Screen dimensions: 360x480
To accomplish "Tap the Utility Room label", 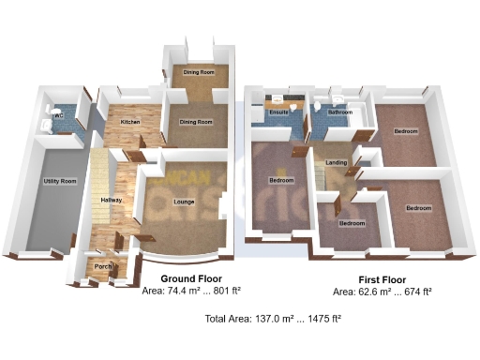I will coord(59,180).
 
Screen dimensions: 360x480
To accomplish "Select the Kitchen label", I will coord(129,122).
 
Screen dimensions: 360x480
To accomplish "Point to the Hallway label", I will coord(112,201).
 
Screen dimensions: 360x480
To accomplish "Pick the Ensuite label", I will coord(278,113).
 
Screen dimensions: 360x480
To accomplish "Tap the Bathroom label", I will coord(339,112).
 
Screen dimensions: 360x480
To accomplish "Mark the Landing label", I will coord(335,163).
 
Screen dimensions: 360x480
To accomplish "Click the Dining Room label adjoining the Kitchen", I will coord(196,122).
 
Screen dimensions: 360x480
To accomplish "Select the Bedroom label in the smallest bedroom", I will coord(352,223).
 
